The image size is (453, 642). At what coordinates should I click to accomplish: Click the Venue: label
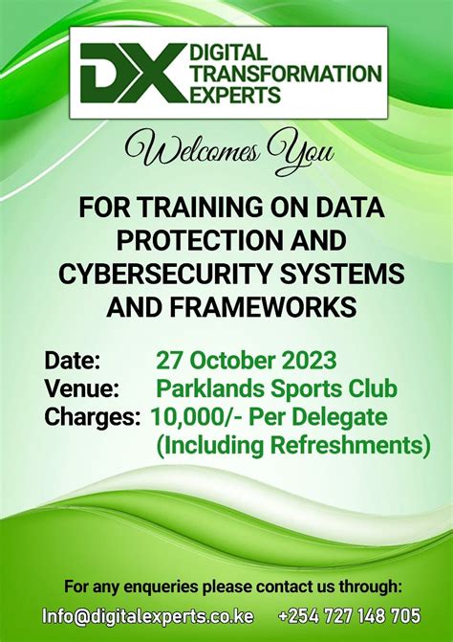pyautogui.click(x=81, y=389)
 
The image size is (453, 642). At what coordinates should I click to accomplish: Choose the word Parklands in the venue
pyautogui.click(x=205, y=389)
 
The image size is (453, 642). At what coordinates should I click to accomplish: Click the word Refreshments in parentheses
pyautogui.click(x=340, y=445)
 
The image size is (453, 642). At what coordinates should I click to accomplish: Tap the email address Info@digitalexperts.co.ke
pyautogui.click(x=148, y=615)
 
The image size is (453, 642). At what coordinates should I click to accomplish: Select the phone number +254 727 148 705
pyautogui.click(x=349, y=615)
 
